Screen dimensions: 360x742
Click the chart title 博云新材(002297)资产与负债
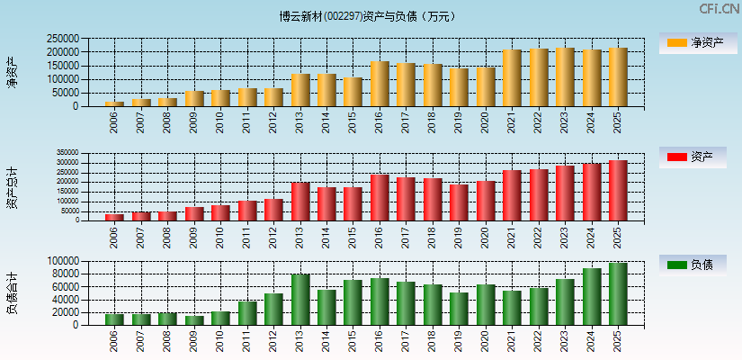point(368,16)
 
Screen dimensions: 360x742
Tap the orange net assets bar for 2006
point(114,103)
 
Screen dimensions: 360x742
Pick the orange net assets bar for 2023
point(565,77)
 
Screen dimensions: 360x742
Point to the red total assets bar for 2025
point(618,190)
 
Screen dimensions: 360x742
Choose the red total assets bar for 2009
point(194,213)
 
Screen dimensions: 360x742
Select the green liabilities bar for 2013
point(299,300)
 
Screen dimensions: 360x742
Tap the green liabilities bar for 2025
point(618,294)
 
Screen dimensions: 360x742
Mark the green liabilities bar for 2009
point(194,320)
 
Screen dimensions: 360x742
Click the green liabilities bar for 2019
point(459,309)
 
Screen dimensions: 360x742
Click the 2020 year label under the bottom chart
point(486,340)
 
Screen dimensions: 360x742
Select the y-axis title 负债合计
point(12,292)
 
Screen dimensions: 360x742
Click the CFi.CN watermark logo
point(719,9)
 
